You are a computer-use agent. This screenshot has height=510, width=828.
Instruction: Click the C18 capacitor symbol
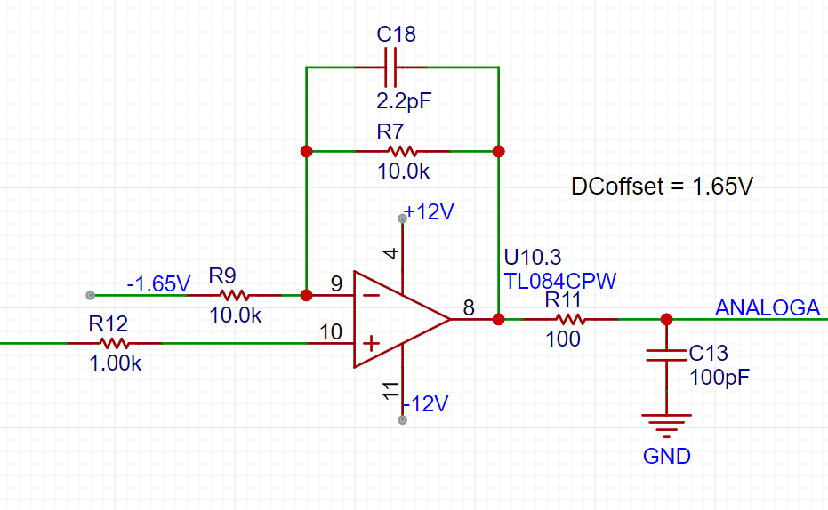tap(390, 68)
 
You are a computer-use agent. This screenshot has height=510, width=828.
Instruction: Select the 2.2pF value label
tap(404, 100)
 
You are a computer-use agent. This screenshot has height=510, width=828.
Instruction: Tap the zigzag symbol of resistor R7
tap(402, 152)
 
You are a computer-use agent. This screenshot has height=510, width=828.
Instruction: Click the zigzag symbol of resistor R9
tap(235, 295)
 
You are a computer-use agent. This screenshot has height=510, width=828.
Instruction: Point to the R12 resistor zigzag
tap(115, 343)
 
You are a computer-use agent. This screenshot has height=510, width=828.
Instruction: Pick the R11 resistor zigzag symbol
tap(570, 319)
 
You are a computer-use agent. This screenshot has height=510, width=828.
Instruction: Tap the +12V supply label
tap(429, 212)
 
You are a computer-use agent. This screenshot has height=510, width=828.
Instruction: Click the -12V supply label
tap(425, 404)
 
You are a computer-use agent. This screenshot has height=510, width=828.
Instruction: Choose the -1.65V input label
tap(158, 283)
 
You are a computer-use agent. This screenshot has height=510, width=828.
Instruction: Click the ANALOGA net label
tap(768, 307)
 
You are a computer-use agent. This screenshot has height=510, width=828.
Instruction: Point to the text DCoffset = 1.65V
tap(663, 187)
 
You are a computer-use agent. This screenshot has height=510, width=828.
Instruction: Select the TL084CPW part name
tap(559, 281)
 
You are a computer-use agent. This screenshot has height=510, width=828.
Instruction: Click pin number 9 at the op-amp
tap(336, 284)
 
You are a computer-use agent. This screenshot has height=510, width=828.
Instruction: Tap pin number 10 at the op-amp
tap(331, 332)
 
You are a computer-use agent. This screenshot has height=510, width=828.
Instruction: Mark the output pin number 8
tap(469, 307)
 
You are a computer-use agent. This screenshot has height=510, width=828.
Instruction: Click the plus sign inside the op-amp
tap(371, 344)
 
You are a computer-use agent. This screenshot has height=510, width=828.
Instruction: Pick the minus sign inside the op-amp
tap(371, 295)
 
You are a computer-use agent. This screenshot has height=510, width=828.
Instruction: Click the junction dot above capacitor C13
tap(666, 319)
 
